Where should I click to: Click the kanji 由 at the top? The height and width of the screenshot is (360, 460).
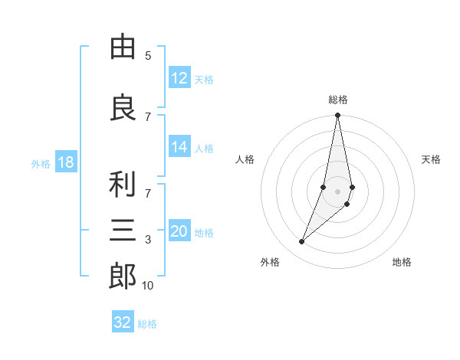click(x=123, y=48)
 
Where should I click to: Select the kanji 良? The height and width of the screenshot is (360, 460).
click(x=123, y=108)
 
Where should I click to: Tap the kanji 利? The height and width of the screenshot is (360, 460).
click(x=123, y=184)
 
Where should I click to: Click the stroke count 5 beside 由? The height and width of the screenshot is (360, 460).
click(x=148, y=56)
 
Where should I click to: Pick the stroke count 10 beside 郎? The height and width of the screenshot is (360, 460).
click(x=147, y=286)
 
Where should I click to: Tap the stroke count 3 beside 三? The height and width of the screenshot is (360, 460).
click(x=148, y=240)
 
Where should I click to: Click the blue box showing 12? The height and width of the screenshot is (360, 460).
click(x=179, y=78)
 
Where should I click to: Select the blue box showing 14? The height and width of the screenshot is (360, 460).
click(x=179, y=148)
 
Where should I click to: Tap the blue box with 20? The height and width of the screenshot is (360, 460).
click(x=179, y=232)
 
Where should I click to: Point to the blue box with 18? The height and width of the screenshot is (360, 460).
click(x=65, y=162)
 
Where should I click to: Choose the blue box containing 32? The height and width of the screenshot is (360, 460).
click(x=123, y=322)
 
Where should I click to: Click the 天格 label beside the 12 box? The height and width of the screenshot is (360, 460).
click(x=204, y=79)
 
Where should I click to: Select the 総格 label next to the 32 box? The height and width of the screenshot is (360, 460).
click(x=147, y=323)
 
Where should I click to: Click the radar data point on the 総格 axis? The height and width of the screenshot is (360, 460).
click(x=337, y=115)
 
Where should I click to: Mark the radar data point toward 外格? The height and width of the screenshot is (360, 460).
click(x=301, y=242)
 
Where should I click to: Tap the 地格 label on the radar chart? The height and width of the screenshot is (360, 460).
click(x=402, y=262)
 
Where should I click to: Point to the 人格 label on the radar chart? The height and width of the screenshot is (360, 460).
click(x=245, y=159)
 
